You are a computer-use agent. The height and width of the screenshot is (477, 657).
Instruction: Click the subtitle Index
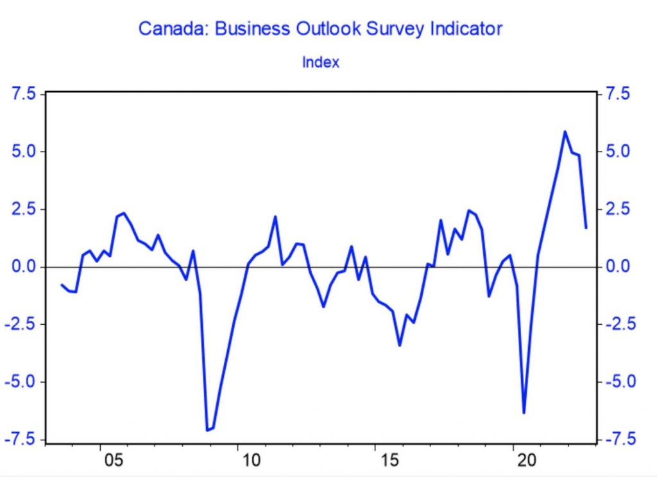pos(320,62)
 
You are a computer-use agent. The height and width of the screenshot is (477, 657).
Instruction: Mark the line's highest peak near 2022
pos(565,132)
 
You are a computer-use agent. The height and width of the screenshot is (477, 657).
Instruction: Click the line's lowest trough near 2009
pos(207,430)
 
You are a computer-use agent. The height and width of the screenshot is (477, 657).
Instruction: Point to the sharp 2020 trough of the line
pos(524,413)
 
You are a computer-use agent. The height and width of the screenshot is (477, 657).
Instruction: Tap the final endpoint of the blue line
pos(586,227)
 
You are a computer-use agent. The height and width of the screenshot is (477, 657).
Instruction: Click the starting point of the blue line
pos(62,284)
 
